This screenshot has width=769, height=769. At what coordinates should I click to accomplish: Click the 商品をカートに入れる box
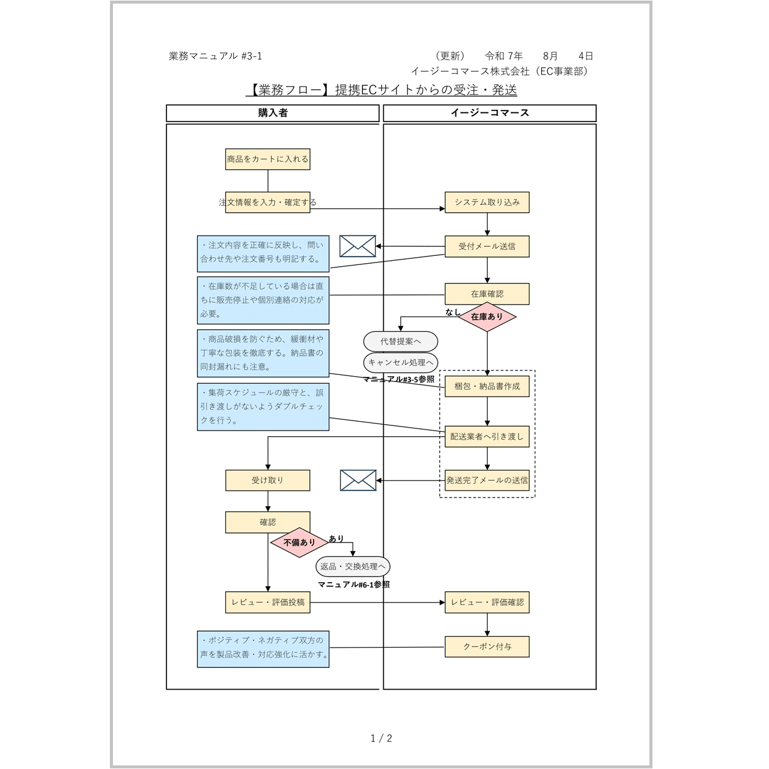point(267,159)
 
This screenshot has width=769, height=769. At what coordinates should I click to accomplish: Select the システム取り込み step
point(487,202)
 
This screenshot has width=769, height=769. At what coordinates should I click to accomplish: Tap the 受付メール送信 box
point(487,246)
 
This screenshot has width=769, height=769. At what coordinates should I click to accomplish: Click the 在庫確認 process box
point(487,294)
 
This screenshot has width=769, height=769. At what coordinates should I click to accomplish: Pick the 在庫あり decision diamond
point(487,317)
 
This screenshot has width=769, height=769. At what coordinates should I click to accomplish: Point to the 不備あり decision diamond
point(299,543)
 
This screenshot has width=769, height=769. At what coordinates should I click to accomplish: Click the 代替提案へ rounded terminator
point(400,341)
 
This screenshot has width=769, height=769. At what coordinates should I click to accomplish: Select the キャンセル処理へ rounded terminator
point(400,362)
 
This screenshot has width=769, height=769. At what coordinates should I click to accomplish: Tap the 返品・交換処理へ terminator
point(353,567)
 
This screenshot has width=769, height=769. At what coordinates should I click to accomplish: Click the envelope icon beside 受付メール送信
point(357,246)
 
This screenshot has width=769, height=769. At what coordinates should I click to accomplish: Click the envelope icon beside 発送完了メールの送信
point(358,480)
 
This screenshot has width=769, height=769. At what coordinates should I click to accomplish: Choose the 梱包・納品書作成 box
point(487,386)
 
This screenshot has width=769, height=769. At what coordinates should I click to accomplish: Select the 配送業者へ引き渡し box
point(487,437)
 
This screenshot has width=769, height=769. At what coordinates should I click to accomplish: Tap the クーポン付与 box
point(487,646)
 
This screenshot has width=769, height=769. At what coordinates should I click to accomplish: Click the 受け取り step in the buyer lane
point(267,480)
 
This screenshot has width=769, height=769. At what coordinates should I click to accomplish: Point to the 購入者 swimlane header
point(273,113)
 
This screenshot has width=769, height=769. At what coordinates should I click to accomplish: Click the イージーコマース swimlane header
point(490,113)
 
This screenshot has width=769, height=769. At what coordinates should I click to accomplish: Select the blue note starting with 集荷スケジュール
point(263,407)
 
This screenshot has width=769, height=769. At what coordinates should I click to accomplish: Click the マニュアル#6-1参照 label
point(353,585)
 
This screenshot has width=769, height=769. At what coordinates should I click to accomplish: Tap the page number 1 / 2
point(381,738)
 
